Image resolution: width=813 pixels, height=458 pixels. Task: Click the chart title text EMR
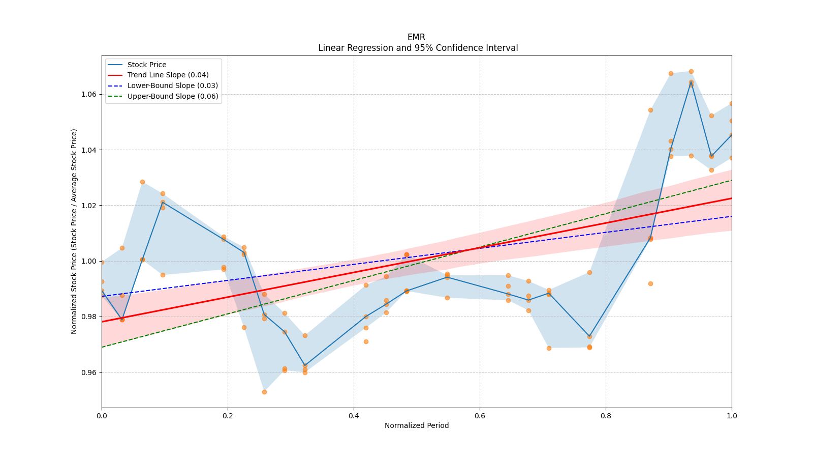[416, 37]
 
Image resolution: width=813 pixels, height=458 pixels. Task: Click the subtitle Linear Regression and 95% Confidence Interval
[418, 48]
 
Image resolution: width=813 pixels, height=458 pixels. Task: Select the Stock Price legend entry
[147, 65]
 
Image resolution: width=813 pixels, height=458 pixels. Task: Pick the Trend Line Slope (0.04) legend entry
[168, 75]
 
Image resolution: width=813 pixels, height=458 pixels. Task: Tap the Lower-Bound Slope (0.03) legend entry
[172, 86]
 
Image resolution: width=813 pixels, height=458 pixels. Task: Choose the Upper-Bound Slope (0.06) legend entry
[173, 96]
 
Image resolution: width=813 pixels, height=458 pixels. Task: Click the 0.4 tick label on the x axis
[354, 416]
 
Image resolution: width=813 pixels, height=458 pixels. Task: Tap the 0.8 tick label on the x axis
[606, 416]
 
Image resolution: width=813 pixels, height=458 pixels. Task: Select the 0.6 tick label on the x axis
[480, 416]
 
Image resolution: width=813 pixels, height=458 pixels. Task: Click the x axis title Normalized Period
[417, 425]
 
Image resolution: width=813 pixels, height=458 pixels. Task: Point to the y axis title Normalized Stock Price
[74, 232]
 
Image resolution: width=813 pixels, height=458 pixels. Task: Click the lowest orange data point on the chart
[264, 392]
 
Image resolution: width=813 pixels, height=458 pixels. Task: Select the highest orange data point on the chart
[691, 72]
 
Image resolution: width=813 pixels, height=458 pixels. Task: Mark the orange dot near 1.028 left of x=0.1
[142, 182]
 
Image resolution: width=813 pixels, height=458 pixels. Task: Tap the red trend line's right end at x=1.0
[731, 198]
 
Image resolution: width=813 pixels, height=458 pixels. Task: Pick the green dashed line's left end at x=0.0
[102, 347]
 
